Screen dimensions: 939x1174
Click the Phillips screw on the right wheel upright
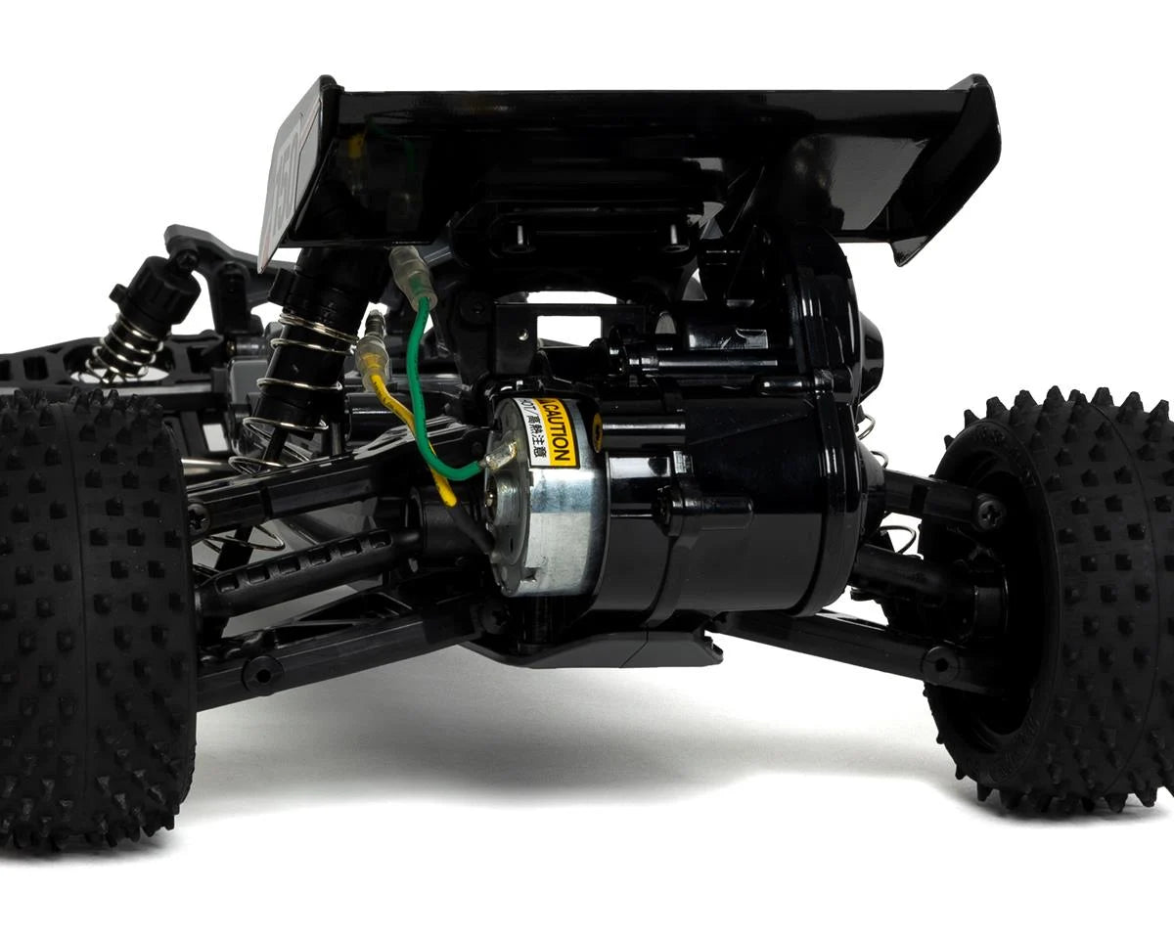pyautogui.click(x=988, y=509)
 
